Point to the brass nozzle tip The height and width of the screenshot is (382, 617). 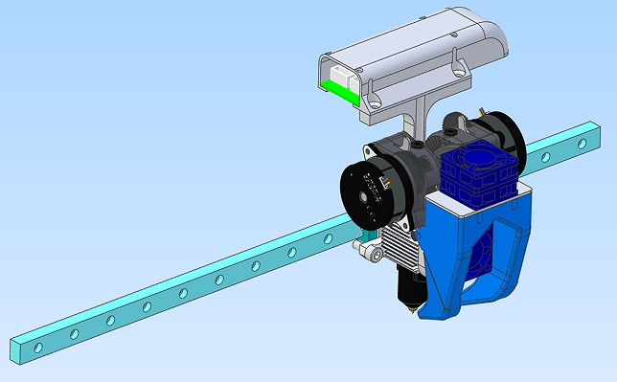click(411, 308)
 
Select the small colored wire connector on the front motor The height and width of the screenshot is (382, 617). click(388, 181)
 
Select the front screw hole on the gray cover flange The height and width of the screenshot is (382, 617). click(373, 101)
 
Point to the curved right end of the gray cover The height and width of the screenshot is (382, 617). click(493, 38)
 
